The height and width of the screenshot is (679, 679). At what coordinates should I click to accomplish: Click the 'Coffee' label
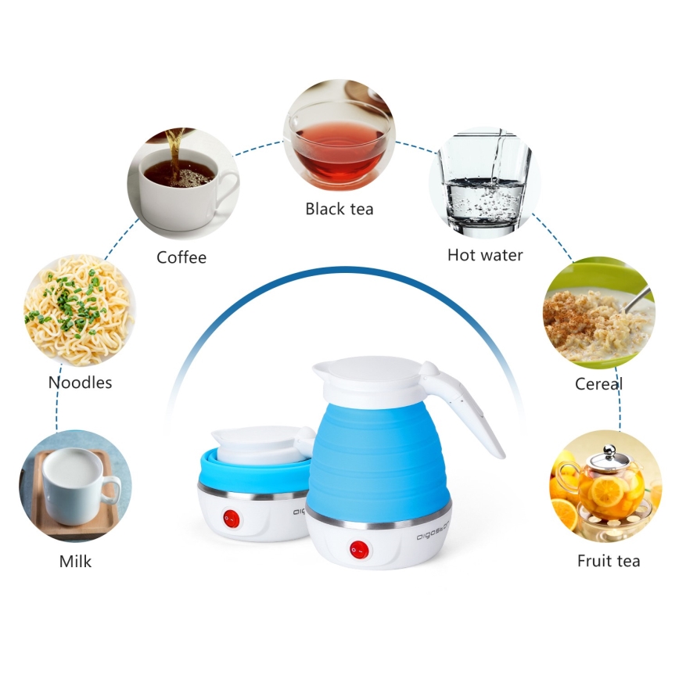coord(181,257)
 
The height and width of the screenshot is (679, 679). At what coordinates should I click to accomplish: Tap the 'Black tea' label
coord(339,209)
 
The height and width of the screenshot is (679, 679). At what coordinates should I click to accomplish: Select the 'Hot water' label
coord(485,255)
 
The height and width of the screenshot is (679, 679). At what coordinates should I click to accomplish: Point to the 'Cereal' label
coord(598,384)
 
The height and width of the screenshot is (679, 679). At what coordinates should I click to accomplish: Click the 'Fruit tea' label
coord(609,561)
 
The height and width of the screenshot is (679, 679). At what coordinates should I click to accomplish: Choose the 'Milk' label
coord(75,562)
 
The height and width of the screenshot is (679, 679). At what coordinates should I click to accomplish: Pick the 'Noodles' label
coord(80,383)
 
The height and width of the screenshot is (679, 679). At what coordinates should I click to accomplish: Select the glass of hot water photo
coord(485,182)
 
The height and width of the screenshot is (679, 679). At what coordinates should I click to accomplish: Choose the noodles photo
coord(79,310)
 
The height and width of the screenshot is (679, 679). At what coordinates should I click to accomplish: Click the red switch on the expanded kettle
coord(359,548)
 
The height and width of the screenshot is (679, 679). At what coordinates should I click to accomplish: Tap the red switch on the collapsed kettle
coord(232,517)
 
